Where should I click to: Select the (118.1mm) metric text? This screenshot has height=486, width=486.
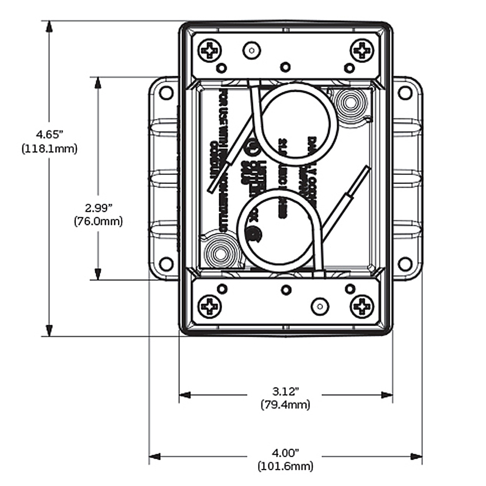(49, 149)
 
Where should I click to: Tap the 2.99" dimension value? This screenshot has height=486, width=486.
(98, 208)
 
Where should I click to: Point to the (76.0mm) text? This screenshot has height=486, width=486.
(98, 222)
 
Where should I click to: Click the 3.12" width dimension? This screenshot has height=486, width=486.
(285, 391)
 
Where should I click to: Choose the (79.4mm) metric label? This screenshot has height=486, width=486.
(285, 404)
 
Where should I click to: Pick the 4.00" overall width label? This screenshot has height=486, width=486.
(285, 453)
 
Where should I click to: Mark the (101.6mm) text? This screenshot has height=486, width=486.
(285, 467)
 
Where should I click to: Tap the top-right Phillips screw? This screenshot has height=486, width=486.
(362, 51)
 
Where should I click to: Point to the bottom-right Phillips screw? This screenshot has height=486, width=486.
(362, 307)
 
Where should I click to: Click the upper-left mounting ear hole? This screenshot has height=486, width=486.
(166, 92)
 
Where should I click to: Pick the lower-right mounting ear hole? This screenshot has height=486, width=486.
(405, 264)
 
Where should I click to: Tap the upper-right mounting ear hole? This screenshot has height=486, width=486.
(405, 92)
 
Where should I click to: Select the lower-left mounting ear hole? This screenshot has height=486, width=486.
(166, 264)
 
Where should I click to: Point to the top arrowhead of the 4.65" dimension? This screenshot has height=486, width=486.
(49, 27)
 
